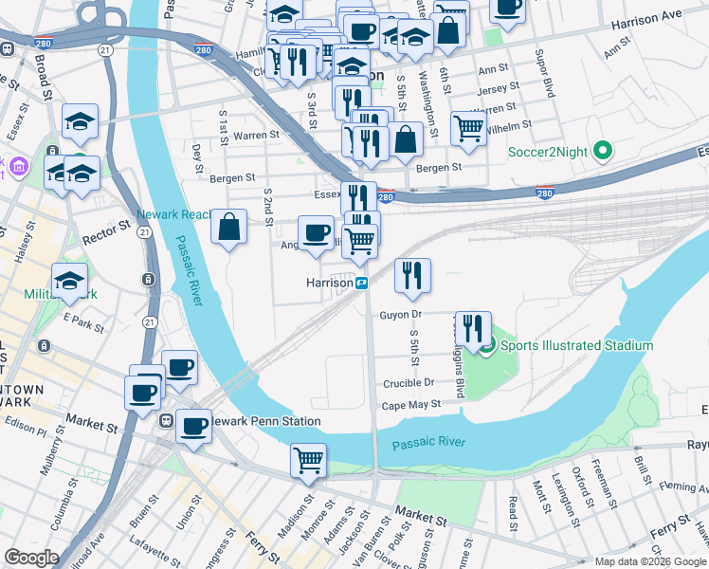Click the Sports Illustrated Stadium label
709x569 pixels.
point(576,345)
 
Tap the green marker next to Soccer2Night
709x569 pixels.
point(600,151)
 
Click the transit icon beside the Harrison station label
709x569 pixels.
point(361,283)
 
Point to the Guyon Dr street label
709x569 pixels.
point(399,314)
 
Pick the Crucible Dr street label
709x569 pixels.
point(409,383)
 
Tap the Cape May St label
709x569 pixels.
point(411,404)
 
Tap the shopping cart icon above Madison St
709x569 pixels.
point(308,460)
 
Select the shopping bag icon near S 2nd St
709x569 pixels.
point(228,227)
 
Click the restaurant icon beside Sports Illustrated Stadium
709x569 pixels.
point(473,328)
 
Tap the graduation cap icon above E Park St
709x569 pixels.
point(69,280)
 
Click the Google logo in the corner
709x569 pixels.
point(31,558)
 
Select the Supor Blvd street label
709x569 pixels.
point(544,74)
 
